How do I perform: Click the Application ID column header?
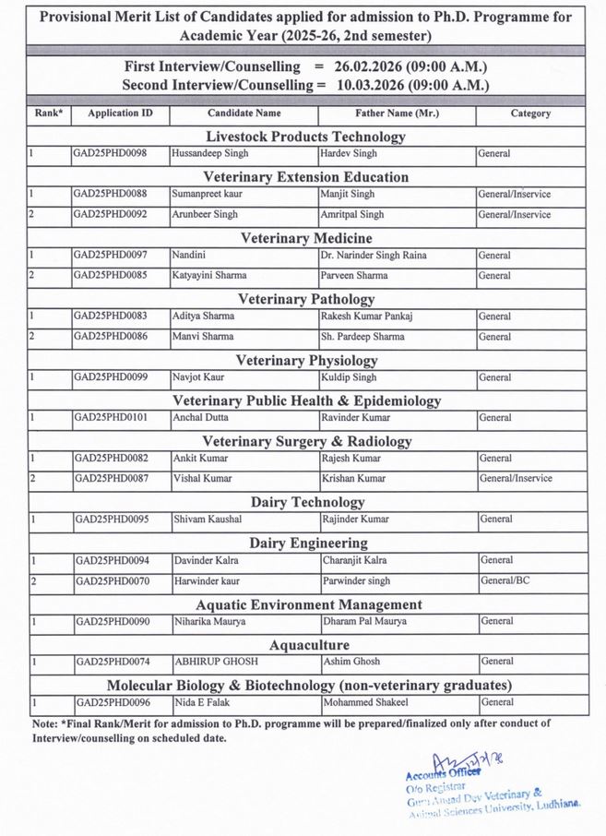120,113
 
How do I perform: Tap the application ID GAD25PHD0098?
110,153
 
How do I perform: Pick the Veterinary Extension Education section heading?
305,176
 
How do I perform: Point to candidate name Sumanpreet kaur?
212,194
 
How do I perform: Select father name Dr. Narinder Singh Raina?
374,255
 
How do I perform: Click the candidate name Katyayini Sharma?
210,275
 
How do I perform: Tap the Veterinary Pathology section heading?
306,299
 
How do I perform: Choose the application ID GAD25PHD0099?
110,377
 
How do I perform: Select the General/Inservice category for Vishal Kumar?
515,478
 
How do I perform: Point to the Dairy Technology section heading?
306,502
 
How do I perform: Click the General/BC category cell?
505,581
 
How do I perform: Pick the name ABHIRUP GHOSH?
216,662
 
